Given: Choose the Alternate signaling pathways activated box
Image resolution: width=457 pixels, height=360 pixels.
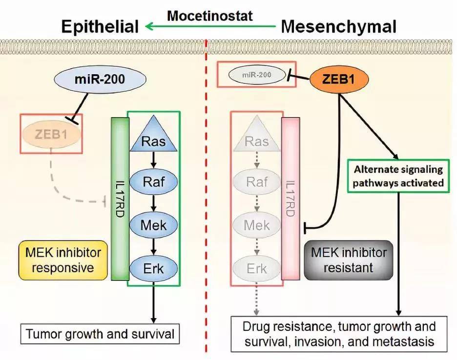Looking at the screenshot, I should point(398,177).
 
